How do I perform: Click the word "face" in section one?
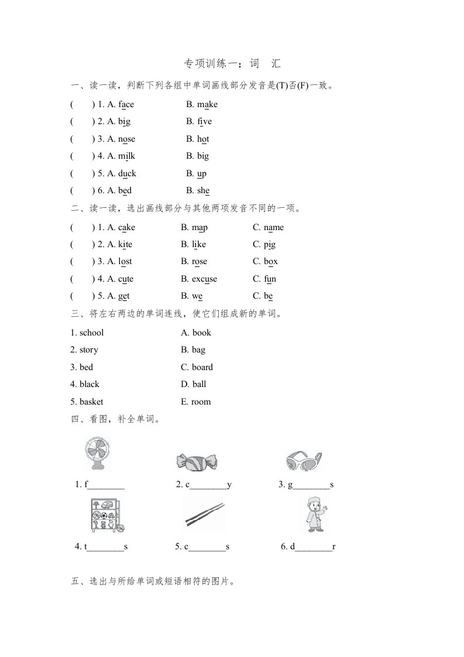point(126,105)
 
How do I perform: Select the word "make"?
point(207,105)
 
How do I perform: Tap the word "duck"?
point(127,174)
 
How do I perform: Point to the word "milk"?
point(126,156)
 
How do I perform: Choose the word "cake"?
point(126,228)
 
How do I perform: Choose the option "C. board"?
point(197,368)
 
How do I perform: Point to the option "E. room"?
point(196,402)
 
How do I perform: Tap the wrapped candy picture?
point(196,461)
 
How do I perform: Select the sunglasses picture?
point(304,461)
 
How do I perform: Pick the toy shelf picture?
point(105,516)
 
